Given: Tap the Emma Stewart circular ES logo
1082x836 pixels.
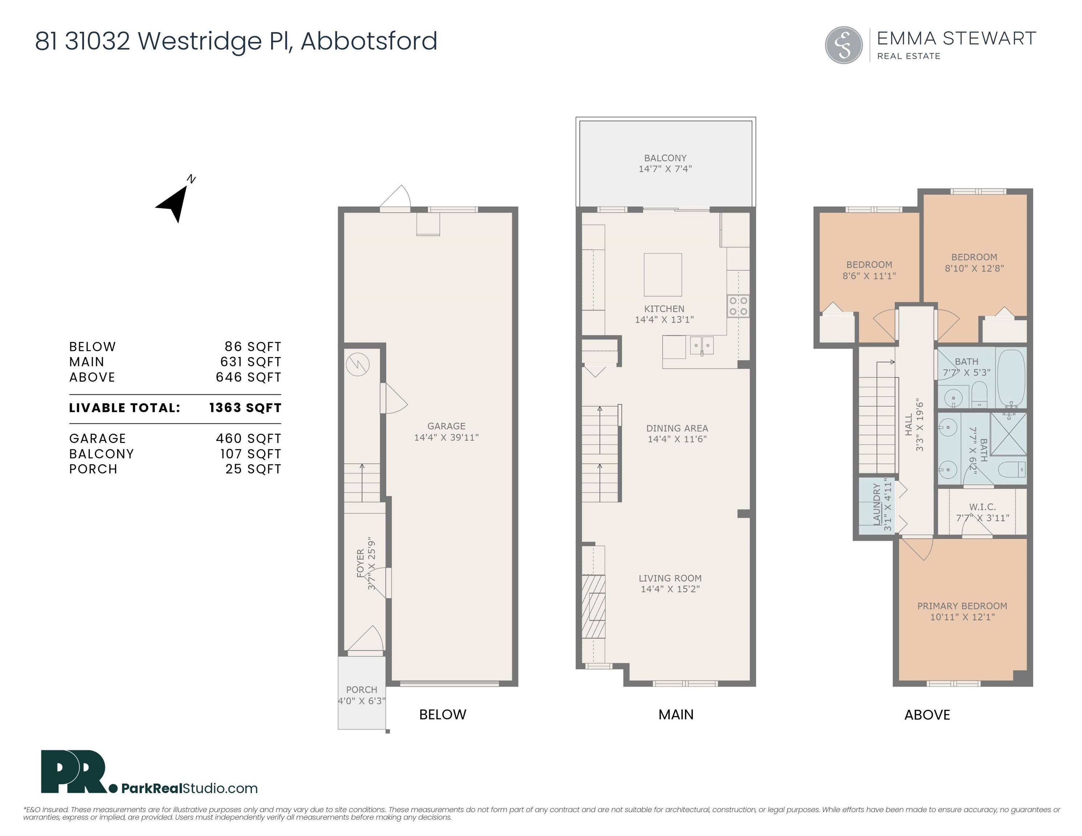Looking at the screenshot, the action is click(x=844, y=45).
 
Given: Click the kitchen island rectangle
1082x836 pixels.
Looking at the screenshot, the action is click(x=663, y=274).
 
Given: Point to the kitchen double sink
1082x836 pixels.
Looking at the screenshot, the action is click(x=702, y=345).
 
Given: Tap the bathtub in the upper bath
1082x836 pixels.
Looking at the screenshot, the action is click(x=1010, y=379).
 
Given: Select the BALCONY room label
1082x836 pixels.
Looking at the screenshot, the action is click(x=665, y=158).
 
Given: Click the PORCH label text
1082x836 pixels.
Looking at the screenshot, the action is click(x=362, y=689).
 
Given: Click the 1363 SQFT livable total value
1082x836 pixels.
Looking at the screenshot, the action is click(x=245, y=407).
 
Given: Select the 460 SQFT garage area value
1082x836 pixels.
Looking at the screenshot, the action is click(x=249, y=438).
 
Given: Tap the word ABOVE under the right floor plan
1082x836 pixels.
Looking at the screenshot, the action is click(x=927, y=715).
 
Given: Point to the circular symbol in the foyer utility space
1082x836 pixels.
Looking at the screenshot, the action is click(x=357, y=365).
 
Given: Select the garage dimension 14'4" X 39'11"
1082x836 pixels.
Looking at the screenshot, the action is click(x=446, y=437).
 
